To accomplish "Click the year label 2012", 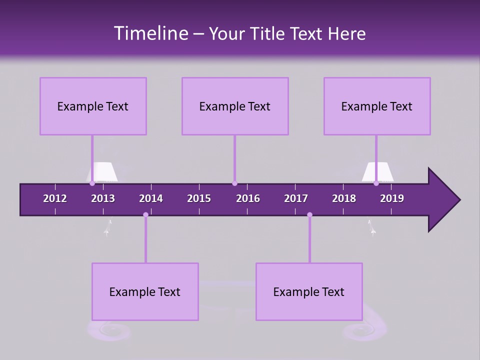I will click(x=55, y=198).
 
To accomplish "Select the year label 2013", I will click(x=103, y=198).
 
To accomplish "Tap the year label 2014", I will click(x=151, y=198).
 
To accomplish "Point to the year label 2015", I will click(x=199, y=198).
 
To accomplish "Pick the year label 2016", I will click(x=248, y=198).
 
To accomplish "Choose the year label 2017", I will click(x=296, y=198).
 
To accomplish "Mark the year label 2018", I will click(x=344, y=198).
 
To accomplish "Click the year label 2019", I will click(x=392, y=198).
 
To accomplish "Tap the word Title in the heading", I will click(x=268, y=34).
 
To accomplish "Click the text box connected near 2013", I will click(x=93, y=106).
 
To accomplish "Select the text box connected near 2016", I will click(x=235, y=106).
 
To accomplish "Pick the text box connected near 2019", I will click(x=377, y=106).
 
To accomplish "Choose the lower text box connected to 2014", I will click(x=145, y=291).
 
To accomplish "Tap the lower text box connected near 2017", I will click(x=309, y=291).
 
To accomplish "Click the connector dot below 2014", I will click(x=145, y=215).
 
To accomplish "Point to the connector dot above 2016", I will click(x=234, y=183).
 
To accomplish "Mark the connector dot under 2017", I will click(x=309, y=215).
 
